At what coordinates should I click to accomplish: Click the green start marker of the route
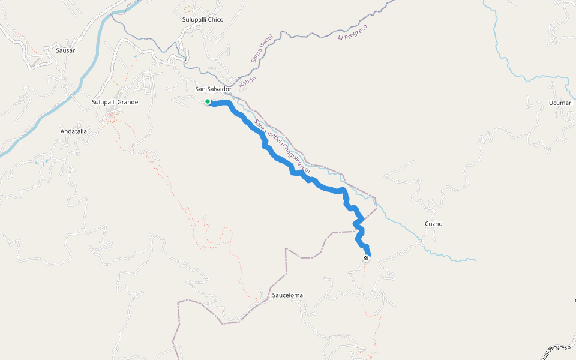coord(207,101)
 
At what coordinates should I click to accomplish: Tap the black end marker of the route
coord(366,258)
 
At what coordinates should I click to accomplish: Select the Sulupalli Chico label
coord(203,20)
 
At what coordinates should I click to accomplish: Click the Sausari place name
coord(66,50)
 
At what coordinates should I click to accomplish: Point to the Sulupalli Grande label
coord(115,102)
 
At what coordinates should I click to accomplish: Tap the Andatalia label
coord(74,131)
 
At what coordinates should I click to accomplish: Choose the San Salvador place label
coord(213,89)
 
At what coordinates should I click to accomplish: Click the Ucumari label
coord(561,103)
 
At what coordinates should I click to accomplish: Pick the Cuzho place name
coord(433,224)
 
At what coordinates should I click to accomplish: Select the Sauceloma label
coord(287,295)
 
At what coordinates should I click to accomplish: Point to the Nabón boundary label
coord(248,83)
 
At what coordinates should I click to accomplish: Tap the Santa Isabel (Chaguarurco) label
coord(282,147)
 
